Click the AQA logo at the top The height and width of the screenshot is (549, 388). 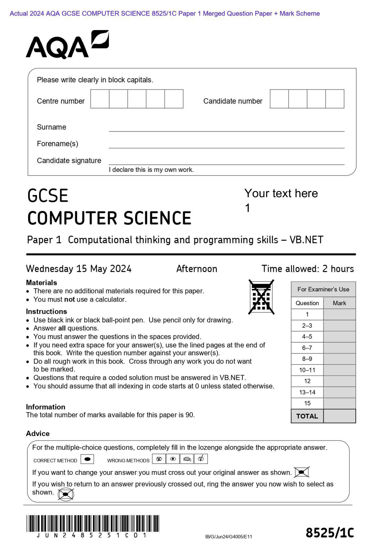pos(67,45)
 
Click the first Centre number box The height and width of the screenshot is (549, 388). pos(100,99)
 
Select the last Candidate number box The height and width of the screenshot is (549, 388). pos(335,99)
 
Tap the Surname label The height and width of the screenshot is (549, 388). pos(51,127)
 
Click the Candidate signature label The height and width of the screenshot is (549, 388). pos(69,160)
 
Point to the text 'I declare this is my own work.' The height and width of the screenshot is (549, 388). pos(151,170)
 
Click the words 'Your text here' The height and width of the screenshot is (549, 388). pos(281,193)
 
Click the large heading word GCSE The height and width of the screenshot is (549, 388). pos(48,196)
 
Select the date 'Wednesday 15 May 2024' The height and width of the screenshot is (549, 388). pos(79,269)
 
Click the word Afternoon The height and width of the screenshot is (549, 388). pos(197,269)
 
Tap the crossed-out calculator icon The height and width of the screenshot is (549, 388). pos(261,297)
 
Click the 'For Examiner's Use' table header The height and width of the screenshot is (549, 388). pos(323,289)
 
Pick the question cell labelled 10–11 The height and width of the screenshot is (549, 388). pos(307,370)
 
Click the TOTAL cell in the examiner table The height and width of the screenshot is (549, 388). pos(307,416)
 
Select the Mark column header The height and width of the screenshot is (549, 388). pos(339,303)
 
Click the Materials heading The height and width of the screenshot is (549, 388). pos(42,283)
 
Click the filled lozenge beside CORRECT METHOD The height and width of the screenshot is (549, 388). pos(87,459)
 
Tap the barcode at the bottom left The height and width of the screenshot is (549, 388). pos(92,524)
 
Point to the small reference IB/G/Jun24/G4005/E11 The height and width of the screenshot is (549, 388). pos(229,537)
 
